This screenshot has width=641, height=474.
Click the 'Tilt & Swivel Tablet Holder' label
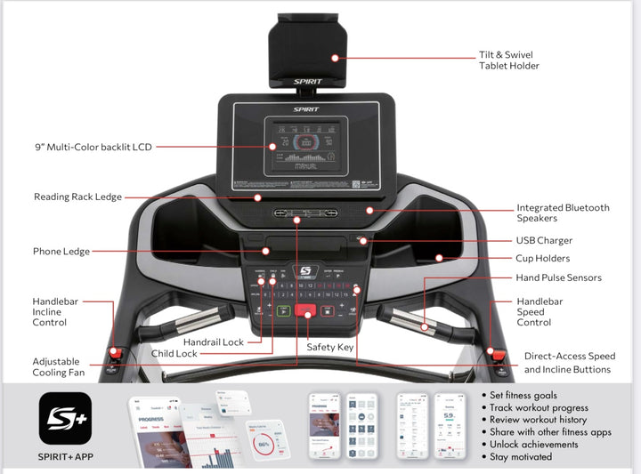[x=509, y=60]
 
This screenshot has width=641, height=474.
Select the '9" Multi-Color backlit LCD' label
[x=88, y=148]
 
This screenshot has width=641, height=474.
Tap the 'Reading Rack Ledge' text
[x=78, y=197]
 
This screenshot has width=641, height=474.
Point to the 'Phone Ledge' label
[x=61, y=252]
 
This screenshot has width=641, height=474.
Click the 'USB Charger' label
[x=544, y=240]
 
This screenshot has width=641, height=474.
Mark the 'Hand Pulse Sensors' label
[x=559, y=278]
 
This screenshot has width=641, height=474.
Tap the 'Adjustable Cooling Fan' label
[x=56, y=367]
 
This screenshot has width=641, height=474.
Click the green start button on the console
[x=283, y=311]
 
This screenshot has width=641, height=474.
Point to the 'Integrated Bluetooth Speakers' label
[x=563, y=213]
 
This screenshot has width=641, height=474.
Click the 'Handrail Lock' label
[x=213, y=341]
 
